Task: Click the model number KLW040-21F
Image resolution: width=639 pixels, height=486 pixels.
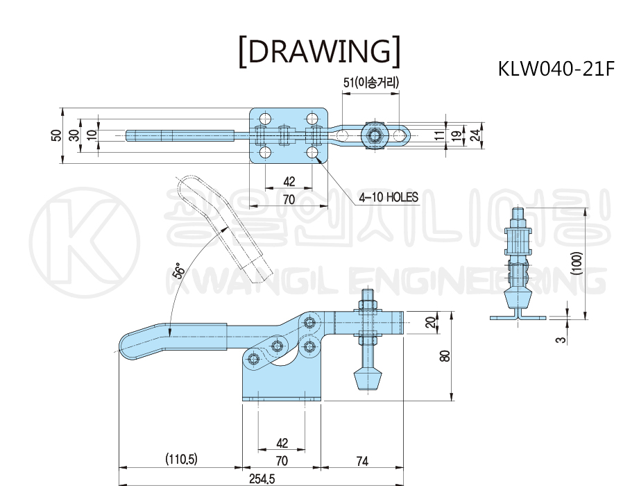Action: (x=556, y=69)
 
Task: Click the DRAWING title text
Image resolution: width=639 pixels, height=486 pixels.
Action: (x=320, y=51)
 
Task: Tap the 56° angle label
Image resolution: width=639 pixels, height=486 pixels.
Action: (x=179, y=270)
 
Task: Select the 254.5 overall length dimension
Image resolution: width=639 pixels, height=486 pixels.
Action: (x=262, y=478)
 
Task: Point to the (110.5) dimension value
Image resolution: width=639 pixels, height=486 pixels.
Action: (x=181, y=460)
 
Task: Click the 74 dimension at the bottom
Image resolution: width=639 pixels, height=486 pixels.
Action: (x=362, y=461)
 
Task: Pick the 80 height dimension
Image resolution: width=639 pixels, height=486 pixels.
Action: (x=445, y=356)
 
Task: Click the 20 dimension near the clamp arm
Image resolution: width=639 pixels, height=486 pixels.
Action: (x=430, y=322)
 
